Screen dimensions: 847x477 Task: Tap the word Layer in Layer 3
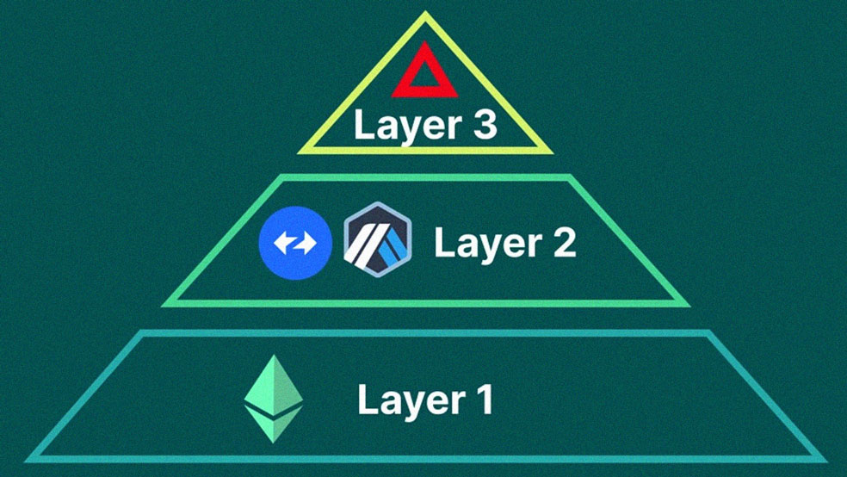(400, 127)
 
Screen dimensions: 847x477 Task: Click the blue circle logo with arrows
(295, 243)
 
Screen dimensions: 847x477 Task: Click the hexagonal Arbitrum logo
(378, 239)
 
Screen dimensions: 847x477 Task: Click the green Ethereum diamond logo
(274, 399)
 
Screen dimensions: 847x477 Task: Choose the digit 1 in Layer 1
(484, 399)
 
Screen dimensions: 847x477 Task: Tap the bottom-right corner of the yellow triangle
(553, 153)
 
